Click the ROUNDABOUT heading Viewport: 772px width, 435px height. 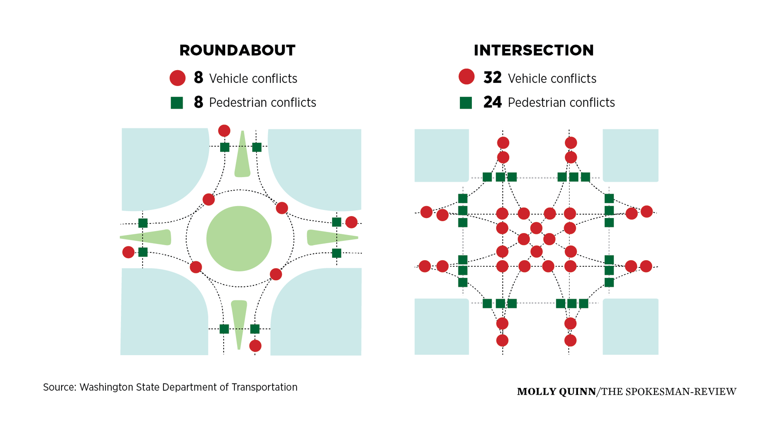[237, 50]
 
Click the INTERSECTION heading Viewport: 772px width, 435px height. [534, 50]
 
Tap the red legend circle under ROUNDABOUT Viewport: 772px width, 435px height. [178, 78]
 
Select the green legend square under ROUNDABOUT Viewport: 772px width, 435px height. [177, 103]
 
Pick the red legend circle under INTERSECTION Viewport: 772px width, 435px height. [466, 77]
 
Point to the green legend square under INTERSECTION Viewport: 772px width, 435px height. [466, 103]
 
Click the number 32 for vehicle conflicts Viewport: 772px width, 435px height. [492, 78]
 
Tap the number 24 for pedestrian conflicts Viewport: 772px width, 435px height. [492, 102]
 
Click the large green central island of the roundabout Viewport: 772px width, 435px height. [239, 239]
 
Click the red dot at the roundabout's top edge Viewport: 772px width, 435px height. [224, 131]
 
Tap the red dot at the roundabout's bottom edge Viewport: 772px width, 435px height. [255, 346]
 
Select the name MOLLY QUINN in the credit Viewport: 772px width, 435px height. [556, 392]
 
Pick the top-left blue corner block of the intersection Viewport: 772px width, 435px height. [442, 155]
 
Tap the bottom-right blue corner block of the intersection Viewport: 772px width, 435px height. [631, 327]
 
